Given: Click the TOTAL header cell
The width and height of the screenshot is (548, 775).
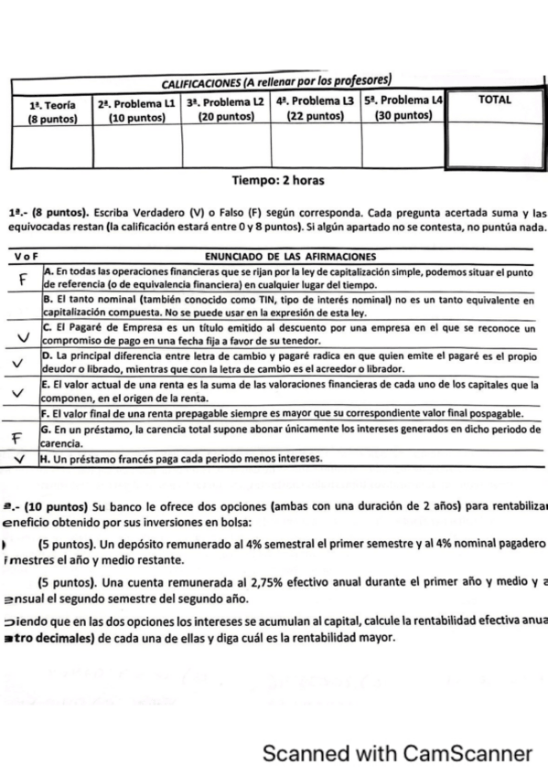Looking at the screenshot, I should tap(494, 101).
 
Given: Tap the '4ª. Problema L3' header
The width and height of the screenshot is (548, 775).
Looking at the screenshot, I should tap(314, 101).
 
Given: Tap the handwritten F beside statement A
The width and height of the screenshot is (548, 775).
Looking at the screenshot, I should tap(23, 278).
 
